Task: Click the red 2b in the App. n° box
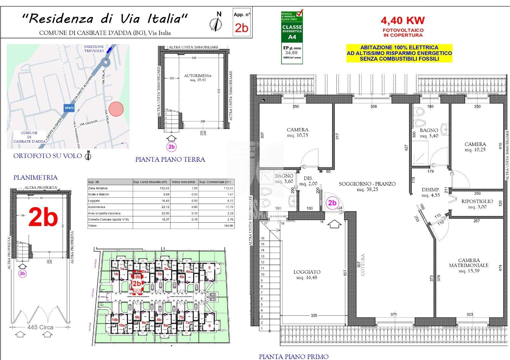[x=242, y=28]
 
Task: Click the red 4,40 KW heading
[x=403, y=21]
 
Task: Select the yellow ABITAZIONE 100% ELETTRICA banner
[x=399, y=53]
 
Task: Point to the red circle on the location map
[x=116, y=109]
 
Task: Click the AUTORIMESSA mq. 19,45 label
[x=198, y=78]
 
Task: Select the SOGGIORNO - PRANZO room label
[x=367, y=186]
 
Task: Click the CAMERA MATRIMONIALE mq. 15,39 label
[x=468, y=265]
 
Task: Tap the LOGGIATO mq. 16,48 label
[x=307, y=274]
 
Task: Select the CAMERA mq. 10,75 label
[x=297, y=132]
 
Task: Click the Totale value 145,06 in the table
[x=229, y=226]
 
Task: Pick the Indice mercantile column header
[x=183, y=182]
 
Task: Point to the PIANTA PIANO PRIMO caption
[x=293, y=357]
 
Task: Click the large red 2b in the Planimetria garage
[x=43, y=217]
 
